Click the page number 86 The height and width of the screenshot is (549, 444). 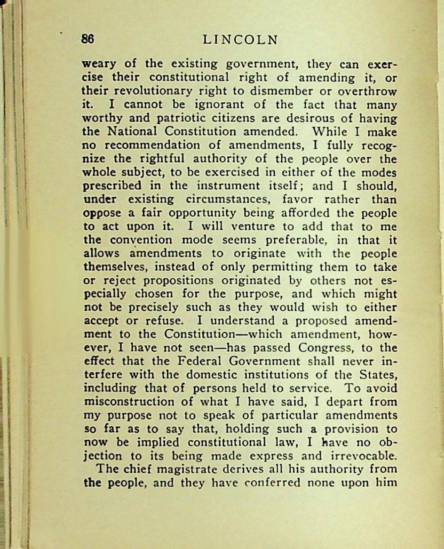[87, 40]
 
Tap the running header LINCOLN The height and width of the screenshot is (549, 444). [240, 40]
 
